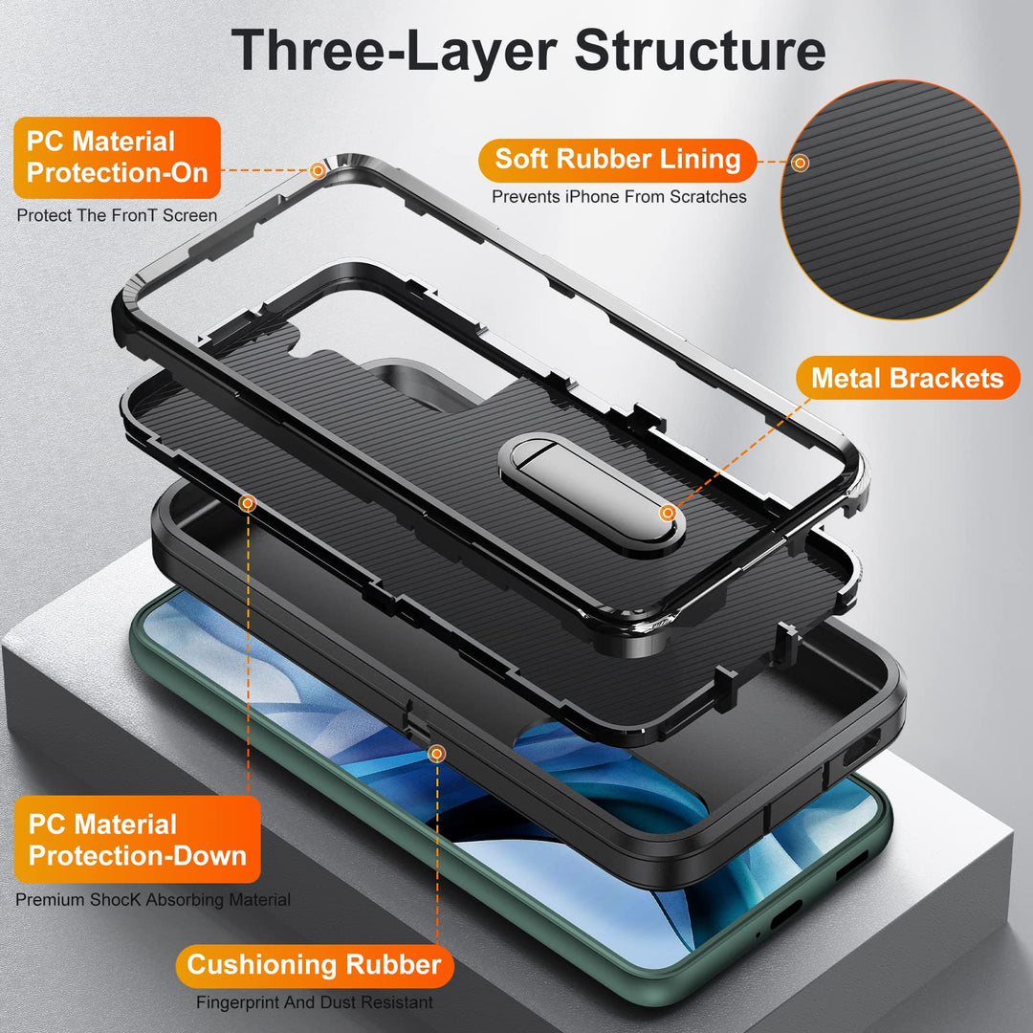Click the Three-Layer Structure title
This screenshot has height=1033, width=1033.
[x=528, y=50]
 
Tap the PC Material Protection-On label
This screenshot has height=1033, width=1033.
[x=117, y=157]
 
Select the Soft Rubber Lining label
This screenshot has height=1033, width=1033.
[x=618, y=159]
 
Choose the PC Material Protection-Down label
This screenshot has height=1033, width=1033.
[x=137, y=840]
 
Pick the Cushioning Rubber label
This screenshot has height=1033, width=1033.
[x=314, y=964]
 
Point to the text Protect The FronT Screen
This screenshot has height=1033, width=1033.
[x=117, y=215]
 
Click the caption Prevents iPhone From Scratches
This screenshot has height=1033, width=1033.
[x=619, y=197]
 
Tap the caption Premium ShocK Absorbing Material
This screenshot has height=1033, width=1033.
[x=153, y=900]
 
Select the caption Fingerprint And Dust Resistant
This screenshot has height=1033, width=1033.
[x=314, y=1003]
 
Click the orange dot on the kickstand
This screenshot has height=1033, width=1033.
[x=668, y=514]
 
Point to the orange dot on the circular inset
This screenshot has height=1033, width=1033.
[x=801, y=164]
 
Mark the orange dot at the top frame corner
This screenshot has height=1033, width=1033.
[x=319, y=170]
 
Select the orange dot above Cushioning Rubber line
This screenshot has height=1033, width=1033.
[x=437, y=754]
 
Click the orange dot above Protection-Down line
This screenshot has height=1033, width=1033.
[x=247, y=502]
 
